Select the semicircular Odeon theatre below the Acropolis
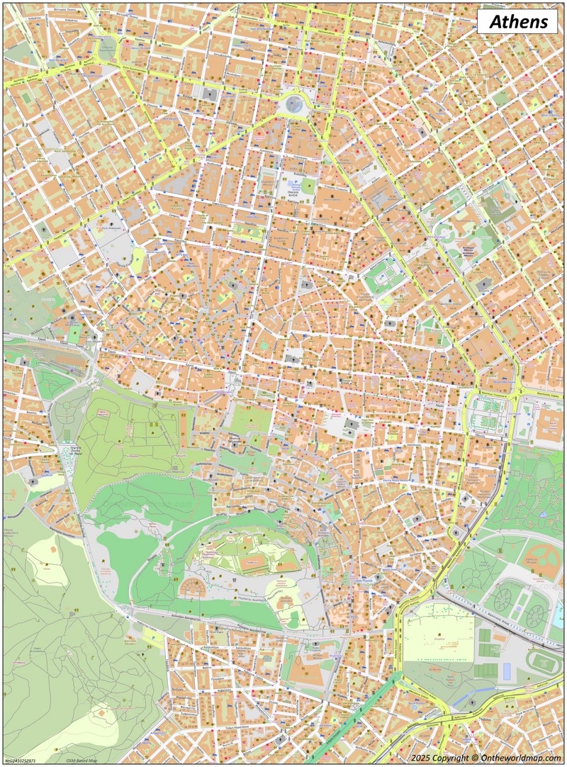[x=192, y=588]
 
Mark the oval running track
[x=545, y=663]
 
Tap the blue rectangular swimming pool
[x=506, y=669]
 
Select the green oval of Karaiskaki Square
[x=106, y=47]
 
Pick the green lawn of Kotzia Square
[x=309, y=186]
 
